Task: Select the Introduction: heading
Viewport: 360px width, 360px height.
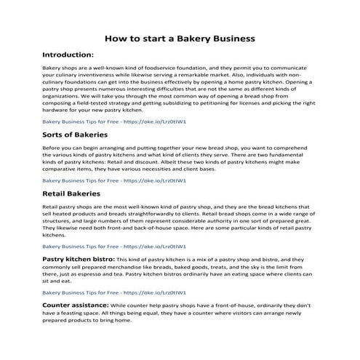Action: coord(68,55)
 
